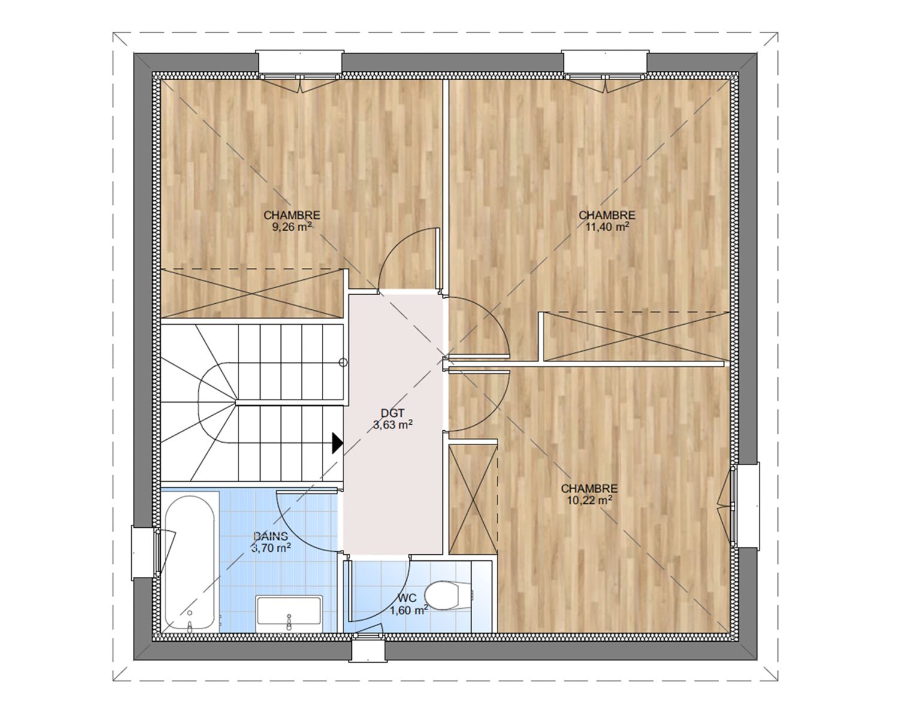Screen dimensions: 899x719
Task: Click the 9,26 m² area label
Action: [292, 227]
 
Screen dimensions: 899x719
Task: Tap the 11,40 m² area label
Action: [608, 227]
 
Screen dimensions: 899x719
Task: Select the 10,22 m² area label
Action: [590, 500]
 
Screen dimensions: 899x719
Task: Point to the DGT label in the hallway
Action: [393, 413]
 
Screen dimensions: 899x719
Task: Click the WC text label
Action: [407, 599]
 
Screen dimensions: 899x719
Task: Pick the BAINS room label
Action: [271, 536]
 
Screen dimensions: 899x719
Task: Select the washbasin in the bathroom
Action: [289, 614]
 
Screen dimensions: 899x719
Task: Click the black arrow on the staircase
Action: [337, 443]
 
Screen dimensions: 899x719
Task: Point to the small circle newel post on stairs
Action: [343, 362]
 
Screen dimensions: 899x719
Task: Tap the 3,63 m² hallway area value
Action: [393, 425]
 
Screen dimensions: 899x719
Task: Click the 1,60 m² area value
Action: [409, 611]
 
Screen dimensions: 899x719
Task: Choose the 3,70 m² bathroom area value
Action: [271, 548]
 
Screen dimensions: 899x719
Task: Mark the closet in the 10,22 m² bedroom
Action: [473, 500]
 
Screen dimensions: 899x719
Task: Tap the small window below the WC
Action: [367, 650]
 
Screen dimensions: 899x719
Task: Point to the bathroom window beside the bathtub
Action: [146, 552]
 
